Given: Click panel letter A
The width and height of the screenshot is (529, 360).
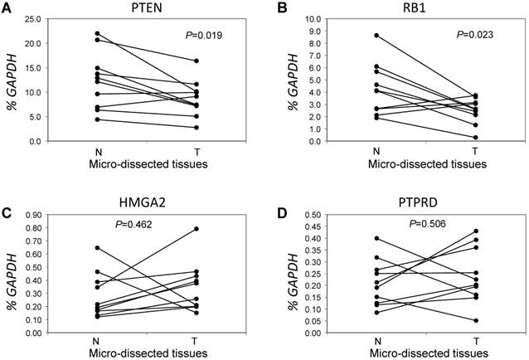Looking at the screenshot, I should (7, 8).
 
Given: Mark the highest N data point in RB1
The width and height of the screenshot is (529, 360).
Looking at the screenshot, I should (378, 35).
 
